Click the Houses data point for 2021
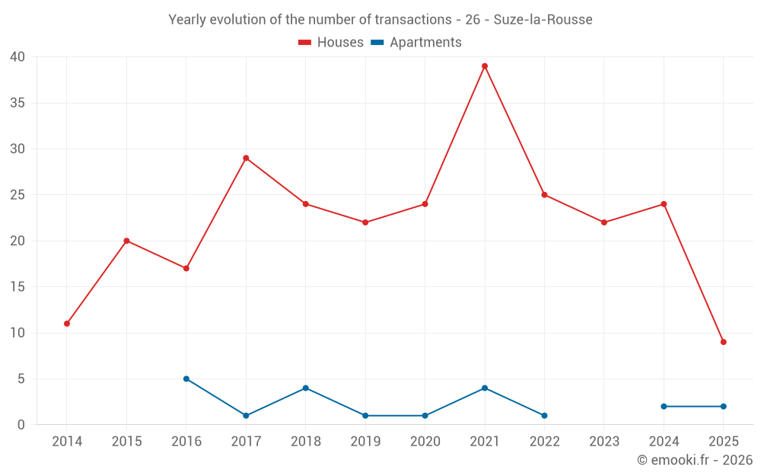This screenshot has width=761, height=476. coord(485,66)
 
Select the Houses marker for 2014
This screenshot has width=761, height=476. coord(67,324)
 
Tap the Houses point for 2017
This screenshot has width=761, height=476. coord(246,158)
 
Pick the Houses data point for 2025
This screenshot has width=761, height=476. coord(723,342)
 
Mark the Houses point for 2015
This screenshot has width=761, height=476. coord(126,241)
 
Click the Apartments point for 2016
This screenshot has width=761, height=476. coord(186,379)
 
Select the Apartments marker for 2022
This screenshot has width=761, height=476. coord(544,416)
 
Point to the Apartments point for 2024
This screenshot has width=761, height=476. coord(664,407)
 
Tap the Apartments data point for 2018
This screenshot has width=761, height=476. coord(306,388)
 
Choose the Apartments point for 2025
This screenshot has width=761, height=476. coord(723,407)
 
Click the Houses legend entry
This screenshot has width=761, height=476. coord(331,43)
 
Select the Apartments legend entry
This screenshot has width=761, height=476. coord(416,43)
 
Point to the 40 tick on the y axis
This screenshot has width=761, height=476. coord(18,57)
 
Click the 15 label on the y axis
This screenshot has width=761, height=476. coord(18,287)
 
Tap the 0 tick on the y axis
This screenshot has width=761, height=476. coord(21,425)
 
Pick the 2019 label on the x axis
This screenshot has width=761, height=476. coord(365,442)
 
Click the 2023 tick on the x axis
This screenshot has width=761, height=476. coord(604,442)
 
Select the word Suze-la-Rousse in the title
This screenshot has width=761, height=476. coord(543,20)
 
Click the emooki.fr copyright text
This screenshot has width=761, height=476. coord(695,460)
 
